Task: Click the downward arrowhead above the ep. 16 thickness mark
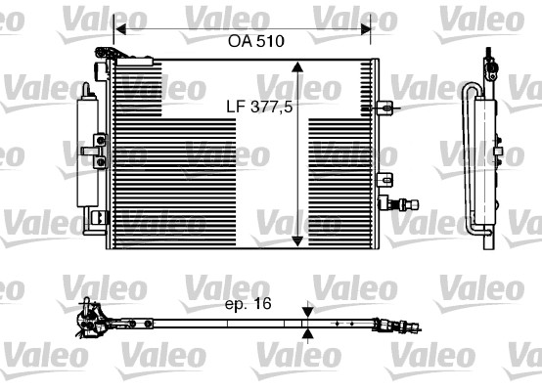[x=308, y=309]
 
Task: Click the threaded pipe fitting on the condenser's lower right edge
[x=401, y=203]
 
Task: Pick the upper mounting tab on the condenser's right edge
[x=389, y=105]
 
